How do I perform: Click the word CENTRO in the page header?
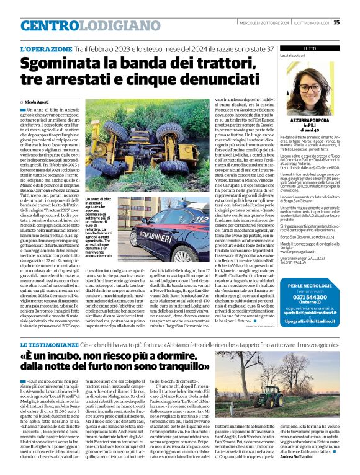click(49, 25)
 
